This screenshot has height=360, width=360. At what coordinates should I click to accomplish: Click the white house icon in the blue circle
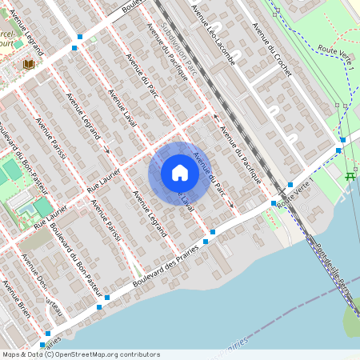179,173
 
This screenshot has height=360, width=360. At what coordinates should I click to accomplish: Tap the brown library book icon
29,64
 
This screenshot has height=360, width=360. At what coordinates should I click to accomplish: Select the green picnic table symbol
350,176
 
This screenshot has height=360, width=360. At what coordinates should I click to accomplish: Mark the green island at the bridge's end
351,320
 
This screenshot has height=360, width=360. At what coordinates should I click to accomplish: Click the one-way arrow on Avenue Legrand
106,149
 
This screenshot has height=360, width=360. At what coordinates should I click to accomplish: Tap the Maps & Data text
21,354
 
